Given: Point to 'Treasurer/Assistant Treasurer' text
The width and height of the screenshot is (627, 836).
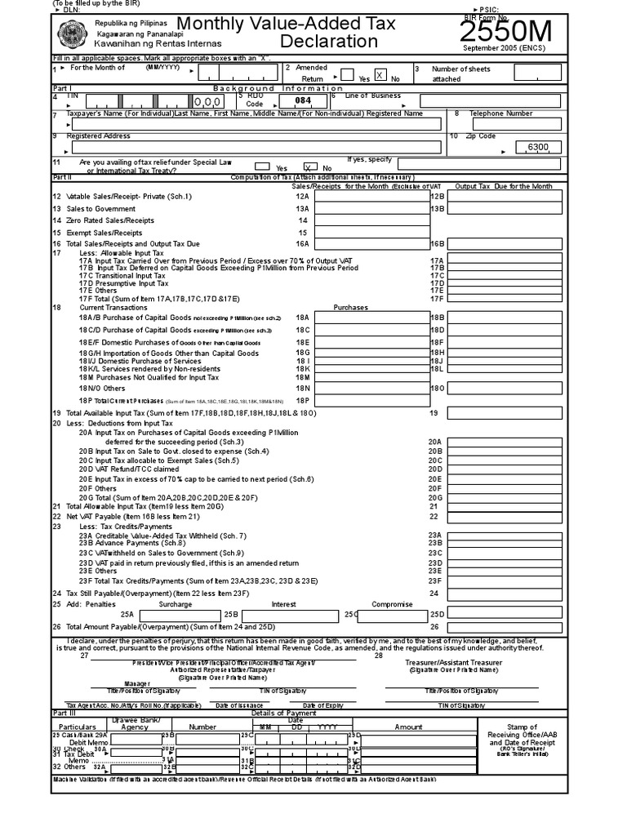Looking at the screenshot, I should [x=453, y=662].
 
